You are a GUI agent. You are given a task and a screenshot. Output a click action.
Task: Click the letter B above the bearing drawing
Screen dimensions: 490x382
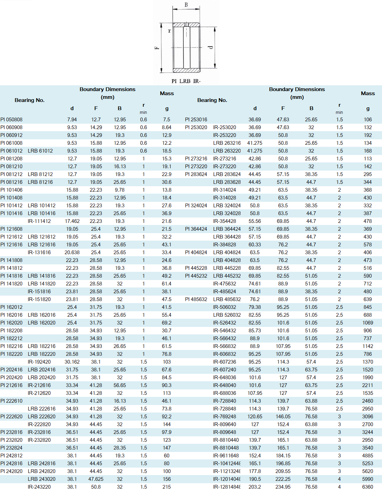[186, 5]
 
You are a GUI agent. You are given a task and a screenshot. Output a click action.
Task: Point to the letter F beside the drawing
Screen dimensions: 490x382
[157, 48]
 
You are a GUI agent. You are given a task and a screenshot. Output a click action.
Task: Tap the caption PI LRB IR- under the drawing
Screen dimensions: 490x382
[186, 81]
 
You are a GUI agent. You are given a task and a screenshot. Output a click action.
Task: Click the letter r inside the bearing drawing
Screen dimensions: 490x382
[169, 31]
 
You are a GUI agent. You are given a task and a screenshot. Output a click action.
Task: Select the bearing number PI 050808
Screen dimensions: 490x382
[12, 120]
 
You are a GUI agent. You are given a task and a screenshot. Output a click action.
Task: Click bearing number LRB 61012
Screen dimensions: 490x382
[40, 151]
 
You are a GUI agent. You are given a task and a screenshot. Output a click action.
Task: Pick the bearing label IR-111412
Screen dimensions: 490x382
[39, 221]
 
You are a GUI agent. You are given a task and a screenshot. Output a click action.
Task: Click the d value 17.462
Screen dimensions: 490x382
[72, 221]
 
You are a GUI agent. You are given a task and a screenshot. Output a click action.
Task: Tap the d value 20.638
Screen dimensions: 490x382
[72, 252]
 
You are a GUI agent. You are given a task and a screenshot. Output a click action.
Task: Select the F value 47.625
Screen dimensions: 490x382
[96, 479]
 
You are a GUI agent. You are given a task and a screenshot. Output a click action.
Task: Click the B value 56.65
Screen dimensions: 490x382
[120, 385]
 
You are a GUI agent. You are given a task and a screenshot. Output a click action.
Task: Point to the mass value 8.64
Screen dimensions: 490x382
[167, 127]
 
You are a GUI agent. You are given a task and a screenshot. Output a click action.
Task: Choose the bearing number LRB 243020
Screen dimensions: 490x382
[41, 479]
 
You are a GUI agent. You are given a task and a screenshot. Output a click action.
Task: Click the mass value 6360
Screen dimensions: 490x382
[368, 487]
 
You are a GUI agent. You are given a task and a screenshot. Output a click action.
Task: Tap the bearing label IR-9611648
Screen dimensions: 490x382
[226, 456]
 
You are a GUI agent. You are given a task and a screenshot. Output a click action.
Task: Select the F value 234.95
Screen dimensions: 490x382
[283, 487]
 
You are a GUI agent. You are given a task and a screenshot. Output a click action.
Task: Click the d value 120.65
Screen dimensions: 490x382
[255, 417]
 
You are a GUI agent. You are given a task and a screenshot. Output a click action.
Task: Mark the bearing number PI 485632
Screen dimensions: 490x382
[196, 299]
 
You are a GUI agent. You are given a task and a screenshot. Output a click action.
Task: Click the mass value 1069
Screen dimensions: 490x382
[368, 323]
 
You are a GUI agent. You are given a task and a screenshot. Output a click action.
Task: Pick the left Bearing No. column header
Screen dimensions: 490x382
[30, 100]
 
